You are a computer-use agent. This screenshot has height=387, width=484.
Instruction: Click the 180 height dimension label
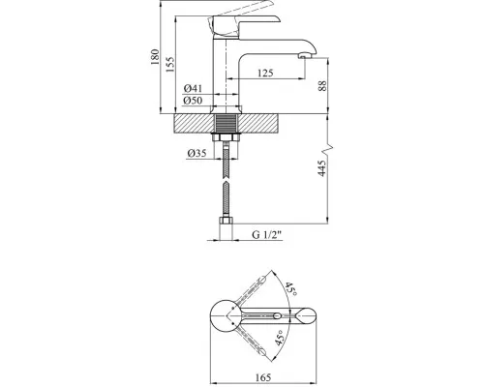[155, 57]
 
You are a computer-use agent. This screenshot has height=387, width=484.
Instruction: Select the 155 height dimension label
[169, 65]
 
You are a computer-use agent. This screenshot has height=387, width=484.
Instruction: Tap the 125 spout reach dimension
[265, 73]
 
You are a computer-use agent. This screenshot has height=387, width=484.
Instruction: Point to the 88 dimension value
[322, 86]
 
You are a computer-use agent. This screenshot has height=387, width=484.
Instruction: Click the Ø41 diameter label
[193, 88]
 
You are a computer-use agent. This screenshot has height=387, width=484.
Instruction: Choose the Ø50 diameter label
[193, 101]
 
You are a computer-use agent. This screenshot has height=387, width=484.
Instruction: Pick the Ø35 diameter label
[197, 153]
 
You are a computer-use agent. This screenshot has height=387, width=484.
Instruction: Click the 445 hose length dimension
[322, 168]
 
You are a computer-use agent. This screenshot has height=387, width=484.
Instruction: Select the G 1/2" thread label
[267, 234]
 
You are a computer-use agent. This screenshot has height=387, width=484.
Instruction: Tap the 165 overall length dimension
[263, 377]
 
